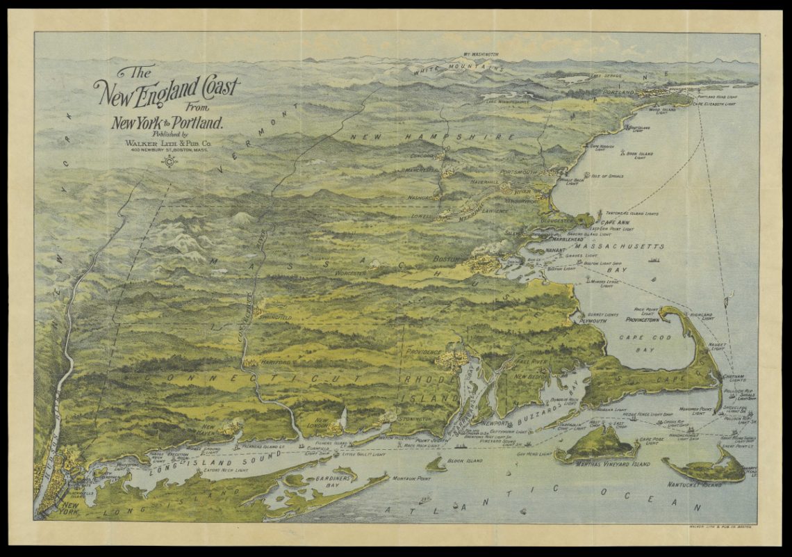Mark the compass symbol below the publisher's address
(x=170, y=161)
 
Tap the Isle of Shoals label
(x=607, y=176)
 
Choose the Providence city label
(x=424, y=353)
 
